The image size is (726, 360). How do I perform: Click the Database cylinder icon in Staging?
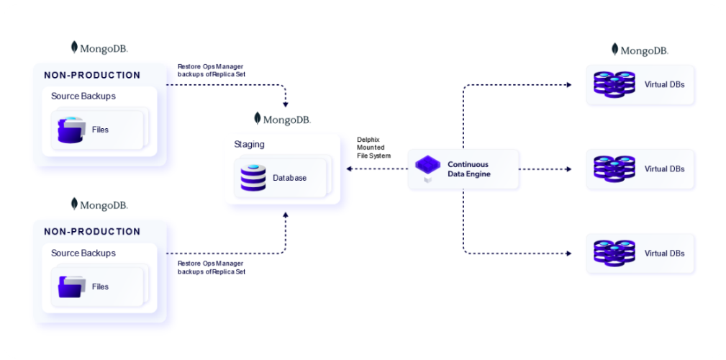click(253, 178)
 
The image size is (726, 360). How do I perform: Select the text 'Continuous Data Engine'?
click(468, 169)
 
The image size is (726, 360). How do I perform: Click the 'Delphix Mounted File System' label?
click(373, 148)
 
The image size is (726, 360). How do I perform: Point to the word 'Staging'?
click(249, 144)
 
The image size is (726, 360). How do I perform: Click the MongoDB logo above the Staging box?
click(282, 119)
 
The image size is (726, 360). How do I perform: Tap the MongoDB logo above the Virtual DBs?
click(640, 50)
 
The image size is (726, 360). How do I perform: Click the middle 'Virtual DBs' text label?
click(664, 169)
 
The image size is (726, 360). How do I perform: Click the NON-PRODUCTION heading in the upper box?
click(92, 75)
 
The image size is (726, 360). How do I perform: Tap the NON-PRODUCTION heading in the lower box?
click(92, 232)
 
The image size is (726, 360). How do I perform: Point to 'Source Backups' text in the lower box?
click(83, 253)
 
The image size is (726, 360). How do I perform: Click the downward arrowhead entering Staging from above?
click(286, 104)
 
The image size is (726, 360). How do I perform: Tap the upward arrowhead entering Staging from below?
click(286, 215)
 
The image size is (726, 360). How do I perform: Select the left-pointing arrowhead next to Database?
click(349, 169)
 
